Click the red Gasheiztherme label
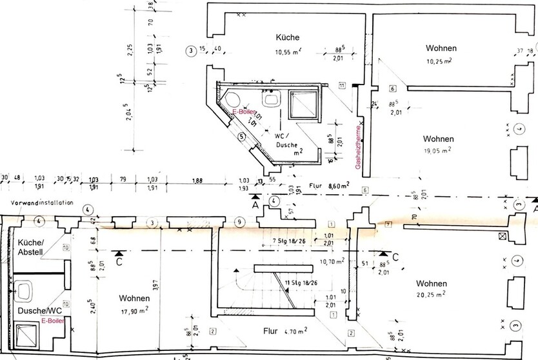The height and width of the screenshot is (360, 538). [x=359, y=147]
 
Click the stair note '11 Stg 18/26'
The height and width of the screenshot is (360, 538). [x=299, y=283]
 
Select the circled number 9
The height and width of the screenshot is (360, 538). [x=239, y=223]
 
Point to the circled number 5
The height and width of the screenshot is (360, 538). [x=241, y=136]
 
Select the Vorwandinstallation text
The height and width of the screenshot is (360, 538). [x=37, y=202]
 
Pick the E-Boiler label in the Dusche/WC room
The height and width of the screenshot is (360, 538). [x=52, y=321]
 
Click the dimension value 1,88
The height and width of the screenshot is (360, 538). [x=195, y=181]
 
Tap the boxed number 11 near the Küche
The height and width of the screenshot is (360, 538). [x=342, y=85]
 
